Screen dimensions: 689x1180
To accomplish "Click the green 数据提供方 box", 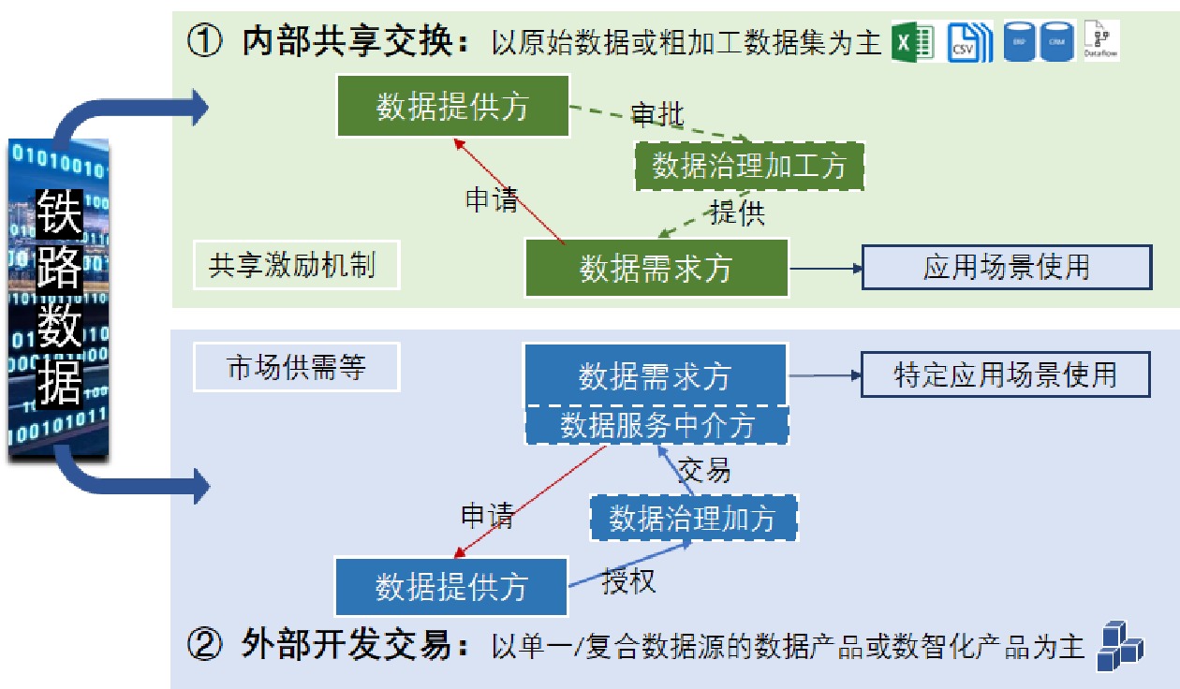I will point(452,107).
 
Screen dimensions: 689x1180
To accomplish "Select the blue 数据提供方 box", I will point(451,587).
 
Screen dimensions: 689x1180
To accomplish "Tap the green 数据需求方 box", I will point(656,268).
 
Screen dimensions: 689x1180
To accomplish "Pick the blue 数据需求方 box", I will point(655,376).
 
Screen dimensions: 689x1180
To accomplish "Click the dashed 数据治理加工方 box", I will point(748,167).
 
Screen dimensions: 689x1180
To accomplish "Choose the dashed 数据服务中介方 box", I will point(656,426).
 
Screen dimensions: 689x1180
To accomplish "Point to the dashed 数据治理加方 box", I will point(693,518).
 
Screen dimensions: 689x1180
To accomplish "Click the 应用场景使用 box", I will point(1006,268).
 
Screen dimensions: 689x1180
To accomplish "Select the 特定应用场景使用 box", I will point(1005,374).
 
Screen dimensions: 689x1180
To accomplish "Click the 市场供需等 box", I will point(296,368).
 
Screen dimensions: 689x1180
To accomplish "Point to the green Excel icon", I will point(913,42).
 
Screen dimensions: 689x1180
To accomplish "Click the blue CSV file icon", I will point(968,42).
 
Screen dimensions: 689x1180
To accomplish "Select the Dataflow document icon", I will point(1100,40).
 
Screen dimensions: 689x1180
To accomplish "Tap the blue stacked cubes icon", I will point(1120,647).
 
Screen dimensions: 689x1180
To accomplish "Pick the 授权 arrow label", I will point(628,581).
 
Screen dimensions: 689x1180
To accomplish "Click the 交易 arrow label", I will point(703,470).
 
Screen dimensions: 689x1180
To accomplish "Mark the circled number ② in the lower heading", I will point(204,645).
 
